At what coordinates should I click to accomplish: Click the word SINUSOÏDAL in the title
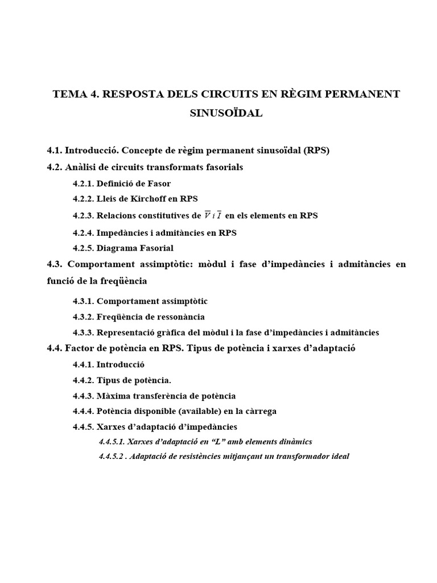click(x=226, y=113)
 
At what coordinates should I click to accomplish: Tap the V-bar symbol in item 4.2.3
click(x=197, y=215)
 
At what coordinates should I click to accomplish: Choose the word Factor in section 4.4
click(x=79, y=348)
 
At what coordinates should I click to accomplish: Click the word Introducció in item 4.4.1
click(x=121, y=364)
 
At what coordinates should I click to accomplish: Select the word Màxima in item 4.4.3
click(x=112, y=396)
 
